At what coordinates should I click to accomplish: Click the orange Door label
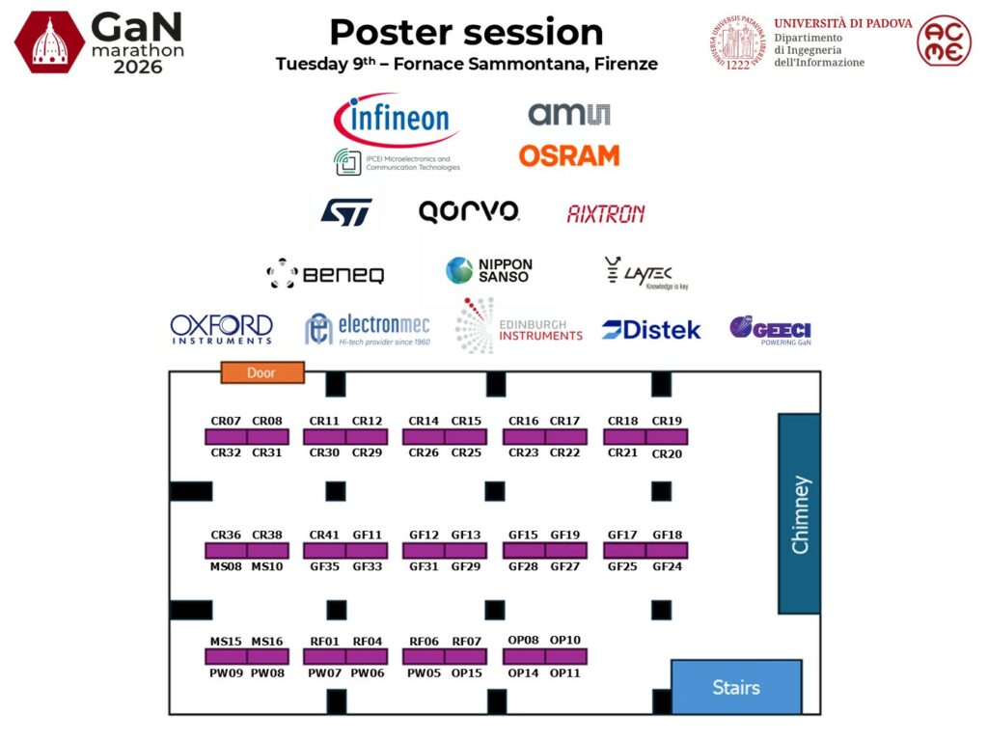tap(262, 372)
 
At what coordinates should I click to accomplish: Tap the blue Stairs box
tap(736, 687)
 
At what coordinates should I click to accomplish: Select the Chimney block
tap(799, 513)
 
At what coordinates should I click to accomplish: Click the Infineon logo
tap(397, 119)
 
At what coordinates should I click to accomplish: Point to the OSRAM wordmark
tap(569, 155)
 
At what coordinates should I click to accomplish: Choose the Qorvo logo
tap(469, 211)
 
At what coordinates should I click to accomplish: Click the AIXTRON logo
tap(606, 214)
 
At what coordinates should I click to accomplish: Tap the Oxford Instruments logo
tap(221, 330)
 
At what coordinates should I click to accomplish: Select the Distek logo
tap(651, 330)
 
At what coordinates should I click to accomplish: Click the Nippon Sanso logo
tap(489, 270)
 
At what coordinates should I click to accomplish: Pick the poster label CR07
tap(226, 421)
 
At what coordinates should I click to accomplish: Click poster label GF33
tap(368, 566)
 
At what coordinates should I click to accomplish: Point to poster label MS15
tap(226, 642)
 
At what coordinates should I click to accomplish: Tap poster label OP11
tap(564, 672)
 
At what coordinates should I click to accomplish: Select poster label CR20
tap(667, 453)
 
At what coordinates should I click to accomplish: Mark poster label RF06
tap(425, 642)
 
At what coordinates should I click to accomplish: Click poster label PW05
tap(425, 672)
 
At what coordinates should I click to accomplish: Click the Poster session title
tap(466, 32)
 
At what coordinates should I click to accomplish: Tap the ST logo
tap(346, 212)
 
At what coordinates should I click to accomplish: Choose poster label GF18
tap(668, 535)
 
